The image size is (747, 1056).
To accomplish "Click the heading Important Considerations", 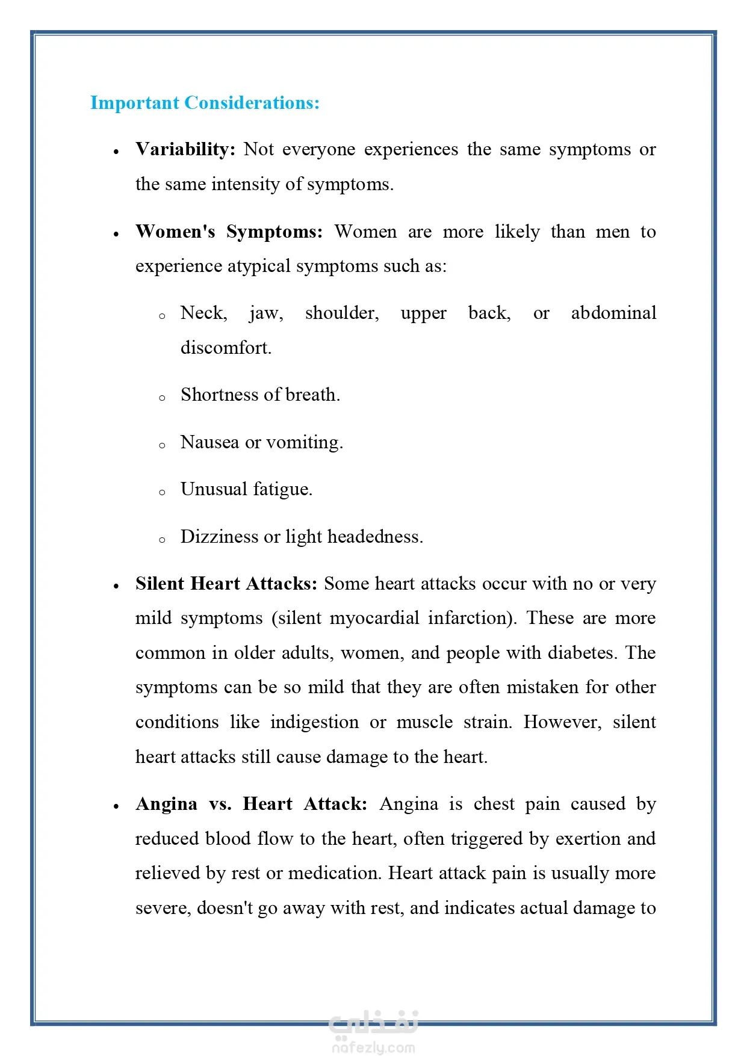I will (x=205, y=103).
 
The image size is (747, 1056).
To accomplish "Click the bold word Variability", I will (x=185, y=149).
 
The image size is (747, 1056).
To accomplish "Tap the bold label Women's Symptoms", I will (x=229, y=232).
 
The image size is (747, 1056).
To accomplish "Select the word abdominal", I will (x=613, y=313).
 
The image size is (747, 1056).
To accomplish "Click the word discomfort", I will (x=226, y=348).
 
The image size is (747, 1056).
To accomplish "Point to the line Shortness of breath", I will (x=260, y=395).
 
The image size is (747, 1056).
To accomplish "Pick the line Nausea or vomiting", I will (x=261, y=442).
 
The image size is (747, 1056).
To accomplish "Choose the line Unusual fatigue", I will (x=246, y=489).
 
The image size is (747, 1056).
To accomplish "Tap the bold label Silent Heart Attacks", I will (x=226, y=584).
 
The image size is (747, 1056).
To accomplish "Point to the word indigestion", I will (x=314, y=722).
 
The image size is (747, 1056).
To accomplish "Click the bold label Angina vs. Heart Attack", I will (x=251, y=804).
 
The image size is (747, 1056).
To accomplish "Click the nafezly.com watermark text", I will (x=373, y=1048).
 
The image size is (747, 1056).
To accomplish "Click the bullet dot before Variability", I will (x=116, y=152).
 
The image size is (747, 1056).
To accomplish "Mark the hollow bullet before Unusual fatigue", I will (x=162, y=492).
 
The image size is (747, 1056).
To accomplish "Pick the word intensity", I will (x=246, y=184).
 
